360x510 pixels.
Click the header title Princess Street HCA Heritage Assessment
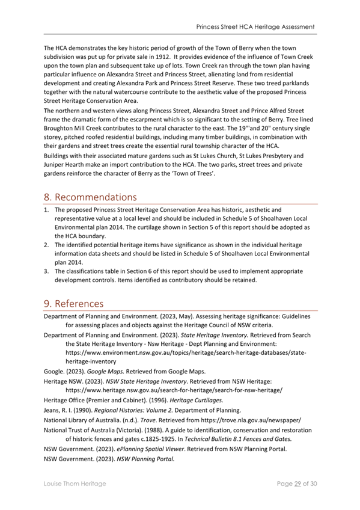255,27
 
